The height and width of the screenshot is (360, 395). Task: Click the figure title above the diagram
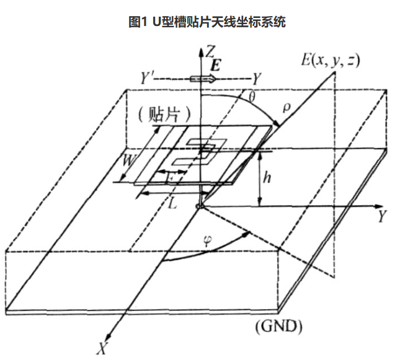pos(197,22)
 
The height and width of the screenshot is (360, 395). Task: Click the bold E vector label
pos(215,65)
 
